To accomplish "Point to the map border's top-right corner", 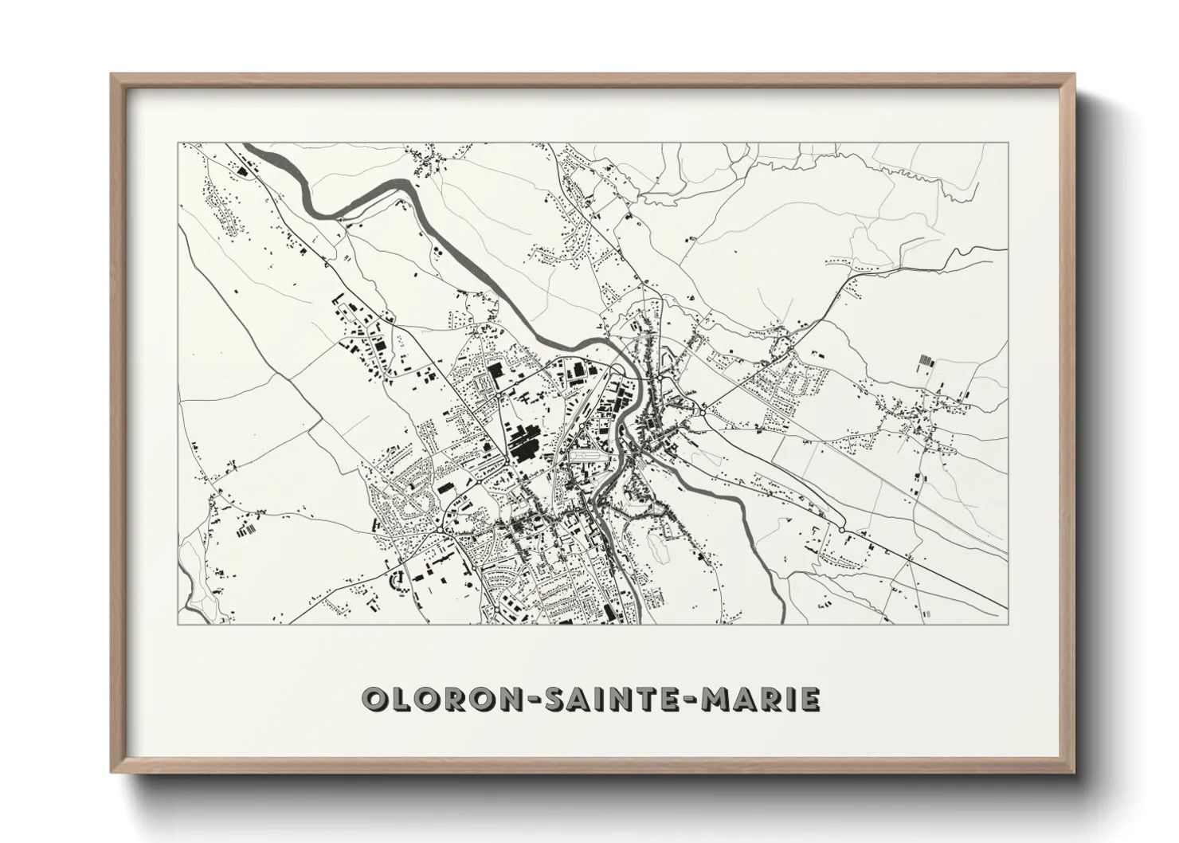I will point(1009,143).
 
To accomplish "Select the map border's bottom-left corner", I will point(178,623).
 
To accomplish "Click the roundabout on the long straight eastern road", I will point(841,528).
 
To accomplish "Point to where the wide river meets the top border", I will point(253,144).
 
